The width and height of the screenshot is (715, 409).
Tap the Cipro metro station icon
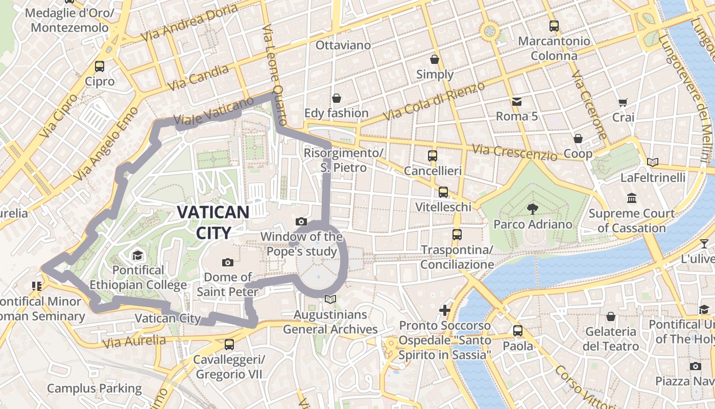tap(100, 66)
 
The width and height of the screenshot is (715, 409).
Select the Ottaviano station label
tap(343, 45)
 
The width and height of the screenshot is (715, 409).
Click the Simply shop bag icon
tap(435, 60)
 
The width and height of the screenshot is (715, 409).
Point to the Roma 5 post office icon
tap(516, 102)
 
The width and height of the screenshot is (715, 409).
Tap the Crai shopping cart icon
tap(623, 102)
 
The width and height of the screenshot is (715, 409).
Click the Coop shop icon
tap(578, 139)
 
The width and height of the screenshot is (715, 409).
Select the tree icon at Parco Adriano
tap(533, 209)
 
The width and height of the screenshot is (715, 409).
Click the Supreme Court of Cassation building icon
tap(632, 198)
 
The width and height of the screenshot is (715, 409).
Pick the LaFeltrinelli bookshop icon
tap(652, 163)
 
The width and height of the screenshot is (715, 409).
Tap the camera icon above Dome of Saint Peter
tap(228, 263)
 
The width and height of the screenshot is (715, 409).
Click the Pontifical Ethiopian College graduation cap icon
tap(137, 256)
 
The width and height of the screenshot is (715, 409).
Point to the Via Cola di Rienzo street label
tap(434, 101)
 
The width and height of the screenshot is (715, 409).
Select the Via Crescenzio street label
tap(514, 152)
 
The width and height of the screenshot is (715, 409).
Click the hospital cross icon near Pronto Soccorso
tap(445, 310)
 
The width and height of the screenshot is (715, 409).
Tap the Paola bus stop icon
tap(518, 331)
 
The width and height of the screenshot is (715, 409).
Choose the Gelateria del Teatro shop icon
tap(610, 317)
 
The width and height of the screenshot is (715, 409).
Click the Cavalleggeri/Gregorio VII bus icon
tap(229, 345)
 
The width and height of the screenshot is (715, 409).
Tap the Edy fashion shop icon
tap(336, 98)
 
